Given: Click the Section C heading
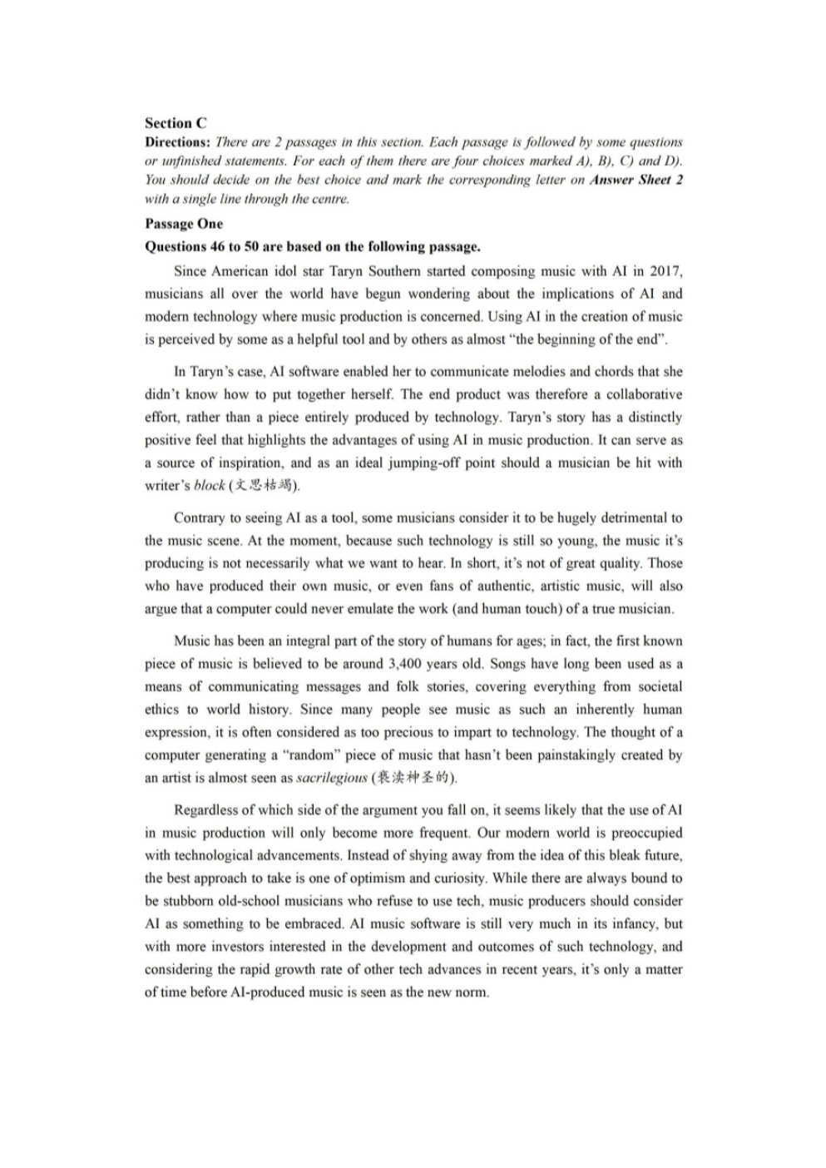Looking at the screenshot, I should coord(176,123).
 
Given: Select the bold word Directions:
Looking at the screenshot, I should coord(178,142).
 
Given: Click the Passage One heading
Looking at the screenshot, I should coord(184,224).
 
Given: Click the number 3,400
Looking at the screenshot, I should coord(405,664).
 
